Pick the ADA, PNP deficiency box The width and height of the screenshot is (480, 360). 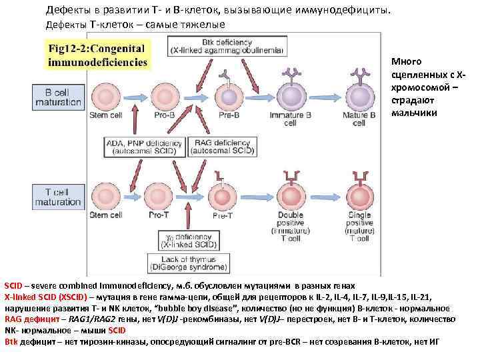click(x=146, y=147)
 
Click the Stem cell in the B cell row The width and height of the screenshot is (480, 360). click(x=107, y=97)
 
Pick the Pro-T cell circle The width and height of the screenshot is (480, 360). click(x=160, y=194)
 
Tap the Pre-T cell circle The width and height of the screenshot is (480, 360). click(x=222, y=197)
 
